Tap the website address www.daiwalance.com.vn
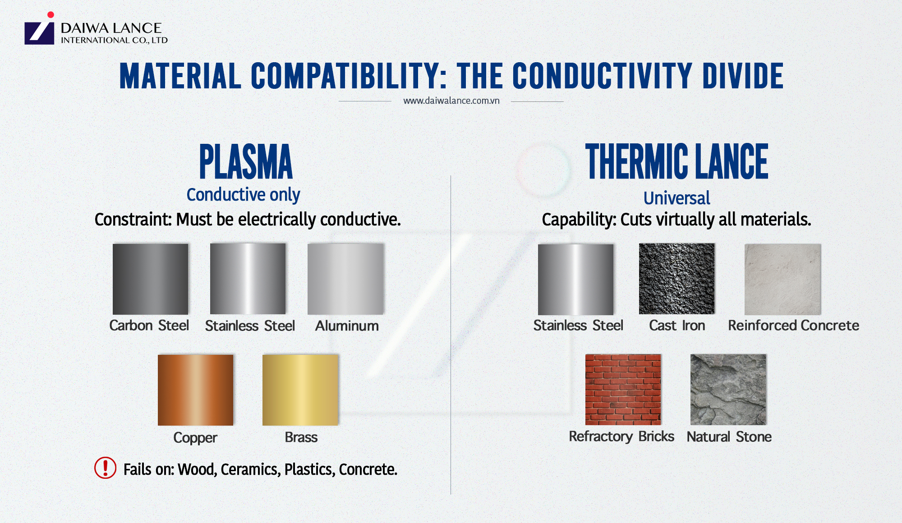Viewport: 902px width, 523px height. (x=451, y=101)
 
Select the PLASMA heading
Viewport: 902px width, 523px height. (x=246, y=161)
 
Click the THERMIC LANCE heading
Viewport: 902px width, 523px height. (x=676, y=161)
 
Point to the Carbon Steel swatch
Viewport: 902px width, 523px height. (x=150, y=279)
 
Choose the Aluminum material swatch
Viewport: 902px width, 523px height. (x=345, y=279)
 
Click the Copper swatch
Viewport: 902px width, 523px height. (x=195, y=390)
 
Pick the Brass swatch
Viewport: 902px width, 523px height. (x=300, y=390)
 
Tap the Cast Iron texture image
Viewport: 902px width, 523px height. (x=676, y=279)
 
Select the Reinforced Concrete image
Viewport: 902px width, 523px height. (x=782, y=279)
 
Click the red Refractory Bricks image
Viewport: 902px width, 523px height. (x=623, y=390)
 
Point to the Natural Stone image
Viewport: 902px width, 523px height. (x=728, y=390)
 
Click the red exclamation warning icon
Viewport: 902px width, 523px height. (x=105, y=468)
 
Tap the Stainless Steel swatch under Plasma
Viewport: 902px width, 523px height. (x=248, y=279)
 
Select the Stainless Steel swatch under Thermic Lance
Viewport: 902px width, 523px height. (x=575, y=279)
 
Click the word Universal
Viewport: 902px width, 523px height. (x=676, y=198)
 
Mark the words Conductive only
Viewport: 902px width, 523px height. (x=243, y=195)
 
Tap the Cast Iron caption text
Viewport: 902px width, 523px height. (x=676, y=326)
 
